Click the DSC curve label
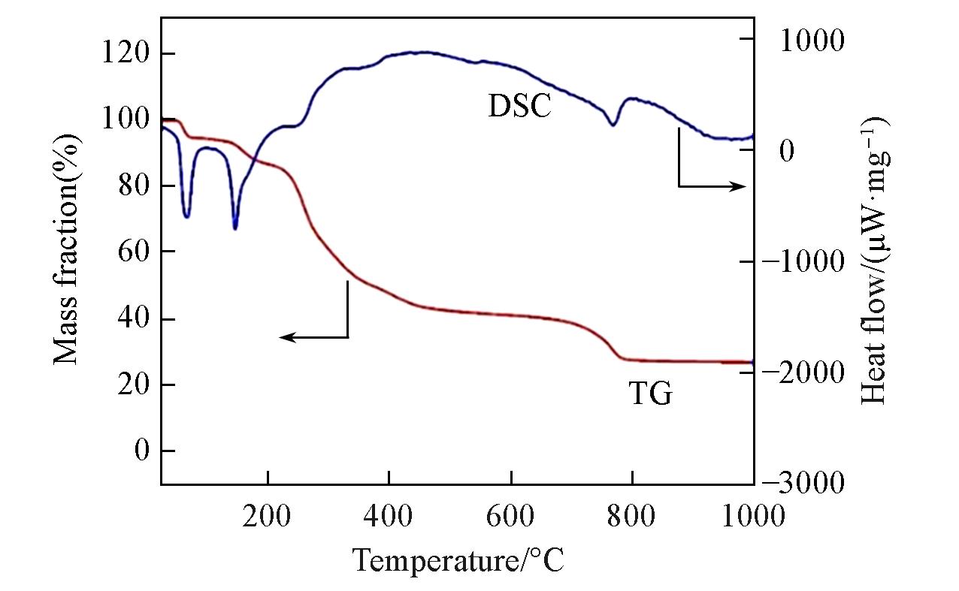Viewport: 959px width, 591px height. [519, 106]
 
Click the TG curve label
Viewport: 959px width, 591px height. [650, 393]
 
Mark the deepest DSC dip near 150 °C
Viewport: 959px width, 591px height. [235, 228]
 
